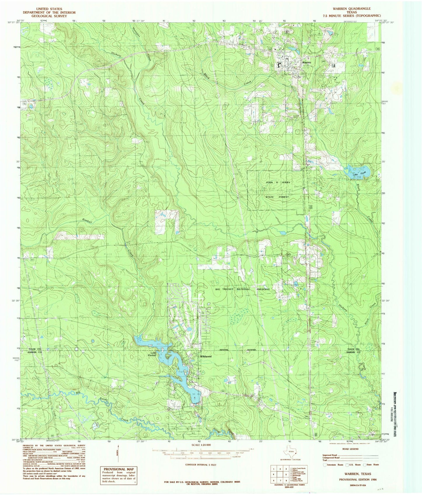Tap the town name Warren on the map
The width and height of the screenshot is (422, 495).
click(307, 63)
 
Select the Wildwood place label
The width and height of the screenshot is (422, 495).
click(206, 356)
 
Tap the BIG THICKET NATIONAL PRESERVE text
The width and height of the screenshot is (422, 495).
click(242, 289)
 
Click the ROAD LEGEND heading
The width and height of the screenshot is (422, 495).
click(350, 449)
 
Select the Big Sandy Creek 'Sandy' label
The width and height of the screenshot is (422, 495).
click(105, 407)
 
